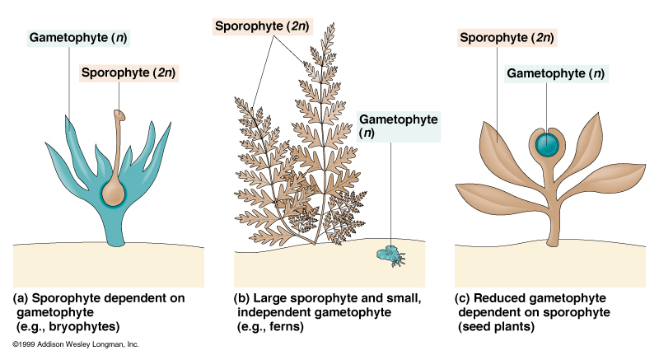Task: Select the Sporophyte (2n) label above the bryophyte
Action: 129,72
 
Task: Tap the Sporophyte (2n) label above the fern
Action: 262,26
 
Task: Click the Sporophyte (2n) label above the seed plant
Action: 507,38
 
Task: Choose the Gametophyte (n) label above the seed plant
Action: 556,73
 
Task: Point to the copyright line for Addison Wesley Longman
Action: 76,344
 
